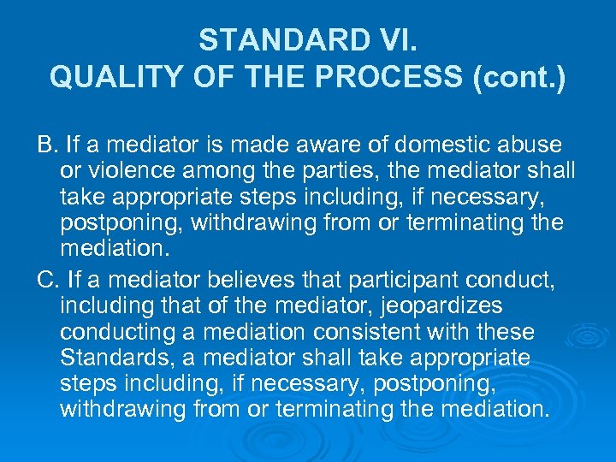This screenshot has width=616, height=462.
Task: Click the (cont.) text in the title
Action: pyautogui.click(x=519, y=77)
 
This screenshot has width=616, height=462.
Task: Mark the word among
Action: pyautogui.click(x=224, y=172)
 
